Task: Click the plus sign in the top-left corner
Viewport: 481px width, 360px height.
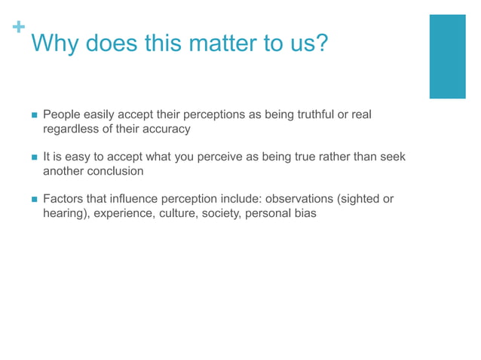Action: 18,27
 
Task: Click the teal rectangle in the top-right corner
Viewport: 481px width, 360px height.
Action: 447,56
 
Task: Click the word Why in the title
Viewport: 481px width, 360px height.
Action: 55,44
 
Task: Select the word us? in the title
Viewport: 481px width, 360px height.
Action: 311,44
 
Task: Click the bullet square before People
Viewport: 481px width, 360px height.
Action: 32,115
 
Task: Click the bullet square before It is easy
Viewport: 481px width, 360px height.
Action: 32,157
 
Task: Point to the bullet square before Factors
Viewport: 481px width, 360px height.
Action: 32,200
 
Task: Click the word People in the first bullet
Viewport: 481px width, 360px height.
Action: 63,114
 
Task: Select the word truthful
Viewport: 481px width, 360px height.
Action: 310,114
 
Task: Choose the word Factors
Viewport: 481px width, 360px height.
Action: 63,199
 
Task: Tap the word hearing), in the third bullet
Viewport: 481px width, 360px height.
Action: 66,213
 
